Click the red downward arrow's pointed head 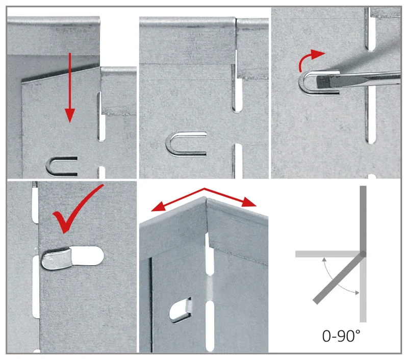[70, 115]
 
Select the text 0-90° [341, 336]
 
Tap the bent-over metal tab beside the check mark [56, 259]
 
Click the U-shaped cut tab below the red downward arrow [62, 166]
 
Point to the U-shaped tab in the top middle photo [185, 144]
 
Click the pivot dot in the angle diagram [363, 254]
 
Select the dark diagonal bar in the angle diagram [338, 279]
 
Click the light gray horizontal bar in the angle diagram [327, 254]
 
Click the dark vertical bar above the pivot [363, 218]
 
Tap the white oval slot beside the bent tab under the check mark [87, 256]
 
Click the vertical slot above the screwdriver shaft [371, 29]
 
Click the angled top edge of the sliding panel [61, 74]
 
